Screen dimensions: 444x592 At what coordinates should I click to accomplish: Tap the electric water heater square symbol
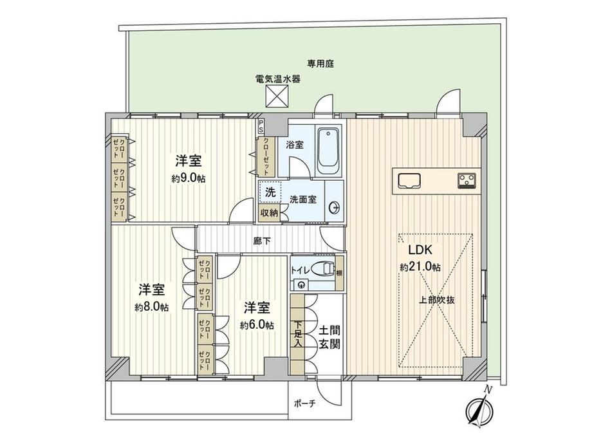pos(277,98)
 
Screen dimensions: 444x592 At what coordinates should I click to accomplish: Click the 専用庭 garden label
pos(320,64)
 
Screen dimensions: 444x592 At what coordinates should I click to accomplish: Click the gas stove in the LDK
pos(467,180)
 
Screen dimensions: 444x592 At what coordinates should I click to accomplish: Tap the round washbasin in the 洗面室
pos(334,207)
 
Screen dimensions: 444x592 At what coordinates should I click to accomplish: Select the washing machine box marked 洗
pos(270,192)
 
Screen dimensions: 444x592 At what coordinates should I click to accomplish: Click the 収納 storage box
pos(270,212)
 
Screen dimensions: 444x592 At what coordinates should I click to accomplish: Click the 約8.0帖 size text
pos(152,308)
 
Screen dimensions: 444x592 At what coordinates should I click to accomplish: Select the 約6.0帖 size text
pos(257,325)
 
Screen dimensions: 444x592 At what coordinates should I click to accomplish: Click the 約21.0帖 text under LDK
pos(420,266)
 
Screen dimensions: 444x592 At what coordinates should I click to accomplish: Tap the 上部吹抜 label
pos(437,300)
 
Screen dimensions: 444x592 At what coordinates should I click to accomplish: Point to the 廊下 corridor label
pos(261,241)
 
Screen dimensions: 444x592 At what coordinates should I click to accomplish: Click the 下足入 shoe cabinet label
pos(298,334)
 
